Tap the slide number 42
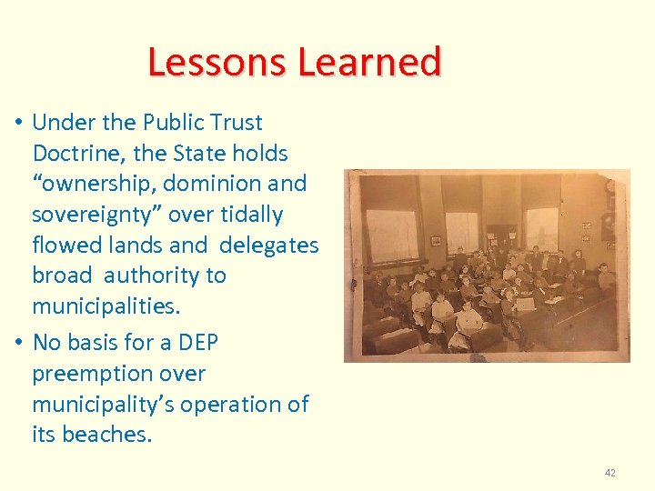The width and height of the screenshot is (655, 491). [610, 473]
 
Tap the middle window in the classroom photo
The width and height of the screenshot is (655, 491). [461, 232]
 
